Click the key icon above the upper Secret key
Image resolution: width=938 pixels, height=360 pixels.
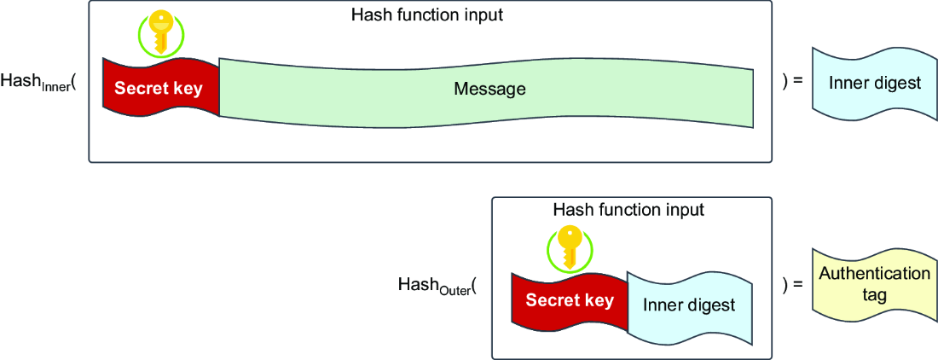160,33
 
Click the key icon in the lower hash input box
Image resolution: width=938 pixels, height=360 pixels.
570,248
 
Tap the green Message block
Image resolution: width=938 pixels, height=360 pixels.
486,90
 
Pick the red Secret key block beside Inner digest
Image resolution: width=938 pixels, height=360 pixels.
570,302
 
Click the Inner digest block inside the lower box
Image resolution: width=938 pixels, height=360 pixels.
688,306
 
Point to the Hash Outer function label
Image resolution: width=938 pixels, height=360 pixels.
437,285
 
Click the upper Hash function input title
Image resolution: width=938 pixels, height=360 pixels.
428,15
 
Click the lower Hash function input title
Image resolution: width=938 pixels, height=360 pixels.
628,211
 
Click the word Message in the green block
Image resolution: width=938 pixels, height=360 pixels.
489,90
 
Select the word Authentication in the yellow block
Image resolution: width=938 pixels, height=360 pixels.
874,275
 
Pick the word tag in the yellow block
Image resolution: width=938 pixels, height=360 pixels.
874,296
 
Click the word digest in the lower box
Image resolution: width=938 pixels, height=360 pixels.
712,305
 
